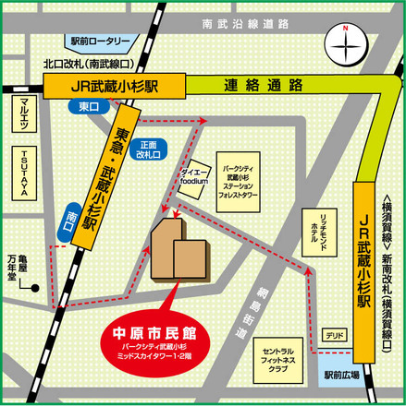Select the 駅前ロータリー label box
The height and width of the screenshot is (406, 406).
[102, 42]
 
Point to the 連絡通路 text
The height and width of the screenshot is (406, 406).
[265, 86]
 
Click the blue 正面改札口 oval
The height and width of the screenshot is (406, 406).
[150, 149]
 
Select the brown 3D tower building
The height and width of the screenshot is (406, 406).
[178, 250]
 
